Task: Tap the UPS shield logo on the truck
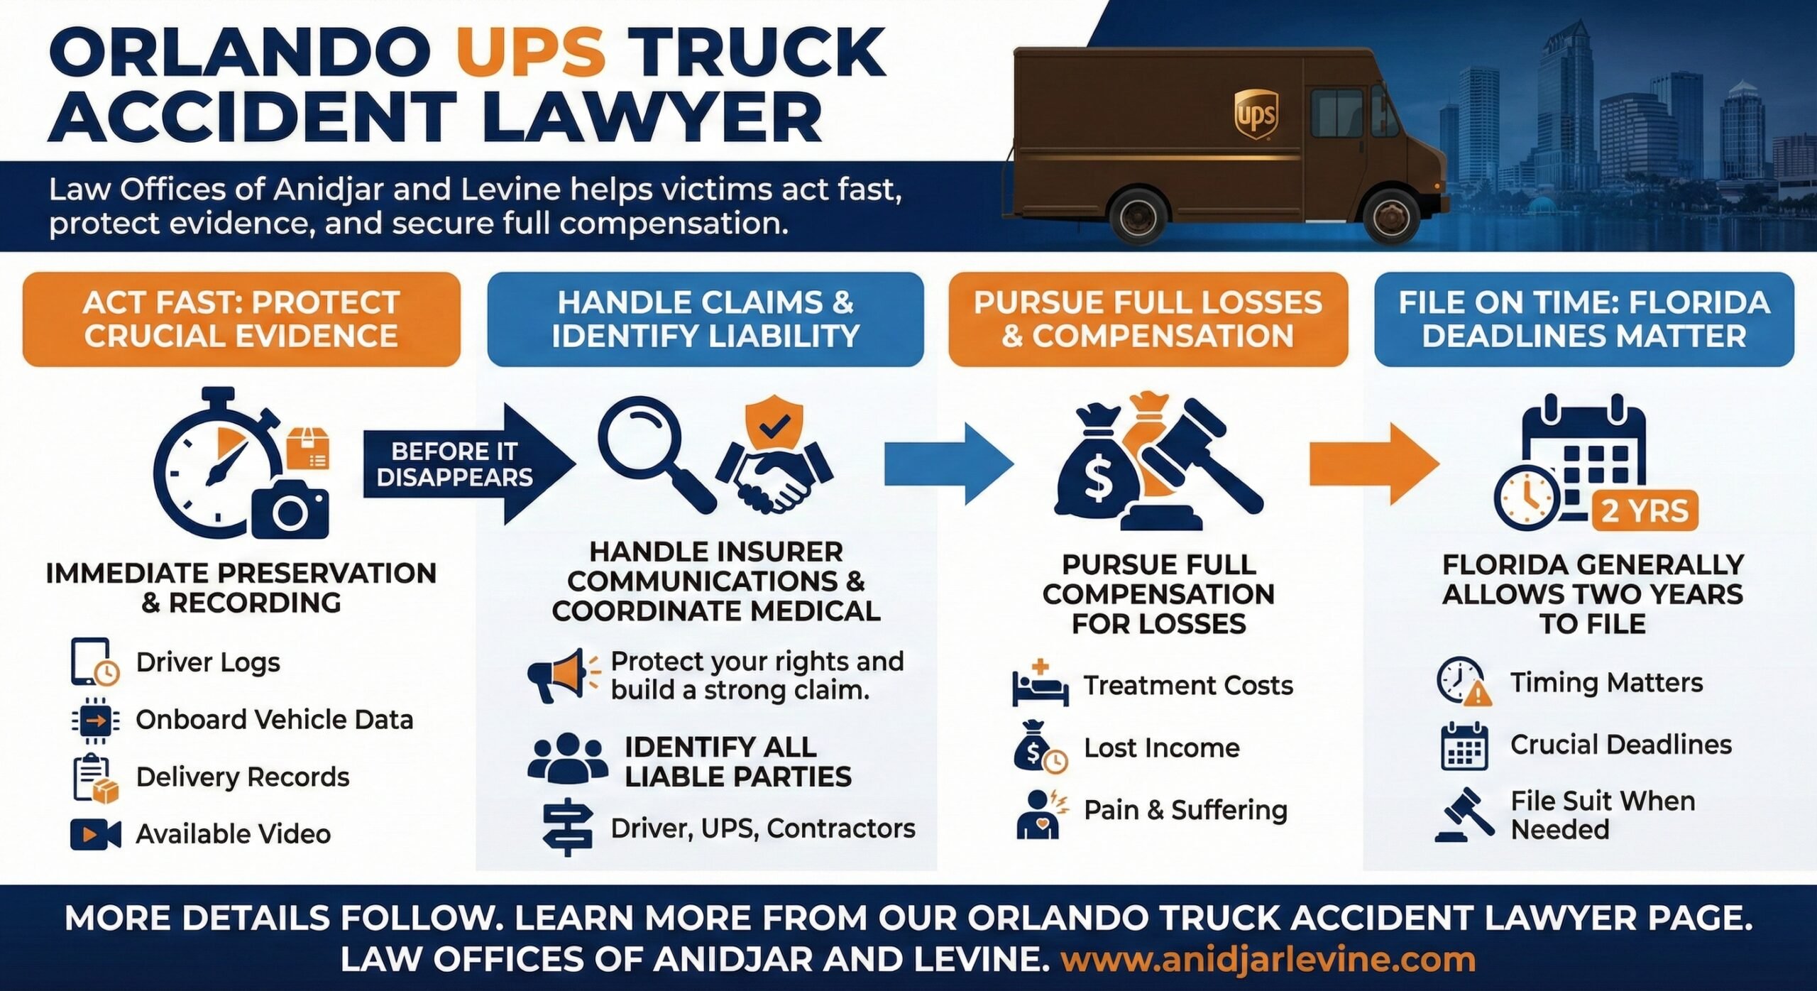(1256, 114)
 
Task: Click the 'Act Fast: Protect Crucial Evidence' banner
(241, 319)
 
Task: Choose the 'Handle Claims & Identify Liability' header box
(706, 319)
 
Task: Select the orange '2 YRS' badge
(1645, 511)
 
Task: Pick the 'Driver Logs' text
(208, 662)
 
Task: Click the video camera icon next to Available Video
(95, 834)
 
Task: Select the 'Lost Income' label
(1162, 748)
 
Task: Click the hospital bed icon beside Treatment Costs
(1040, 684)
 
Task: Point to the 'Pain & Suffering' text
(1185, 810)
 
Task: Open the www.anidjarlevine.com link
(1268, 960)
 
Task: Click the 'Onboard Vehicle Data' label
(275, 720)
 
